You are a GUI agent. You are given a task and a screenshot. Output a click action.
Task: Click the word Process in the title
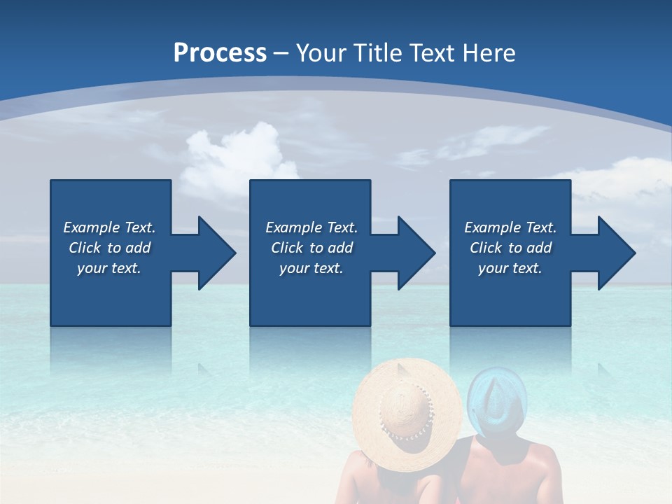(x=220, y=53)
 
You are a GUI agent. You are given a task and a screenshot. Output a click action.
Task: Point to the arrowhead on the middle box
(x=409, y=253)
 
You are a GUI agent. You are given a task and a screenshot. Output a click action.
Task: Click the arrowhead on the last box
(x=609, y=253)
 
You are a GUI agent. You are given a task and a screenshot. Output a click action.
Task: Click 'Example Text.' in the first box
(x=109, y=227)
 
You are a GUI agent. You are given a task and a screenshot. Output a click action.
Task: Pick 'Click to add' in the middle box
(x=311, y=248)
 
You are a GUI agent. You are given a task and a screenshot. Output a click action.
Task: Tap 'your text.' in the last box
(x=510, y=268)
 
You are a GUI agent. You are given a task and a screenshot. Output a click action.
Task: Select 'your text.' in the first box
(x=109, y=268)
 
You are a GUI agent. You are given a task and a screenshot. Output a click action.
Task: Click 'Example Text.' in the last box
(x=510, y=227)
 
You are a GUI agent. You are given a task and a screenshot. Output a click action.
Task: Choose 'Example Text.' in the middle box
(x=311, y=227)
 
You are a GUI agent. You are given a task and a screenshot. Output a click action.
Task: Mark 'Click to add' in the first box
(x=109, y=248)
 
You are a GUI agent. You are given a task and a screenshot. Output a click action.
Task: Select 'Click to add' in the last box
(x=510, y=248)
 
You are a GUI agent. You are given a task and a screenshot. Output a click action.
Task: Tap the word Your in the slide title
(x=321, y=53)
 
